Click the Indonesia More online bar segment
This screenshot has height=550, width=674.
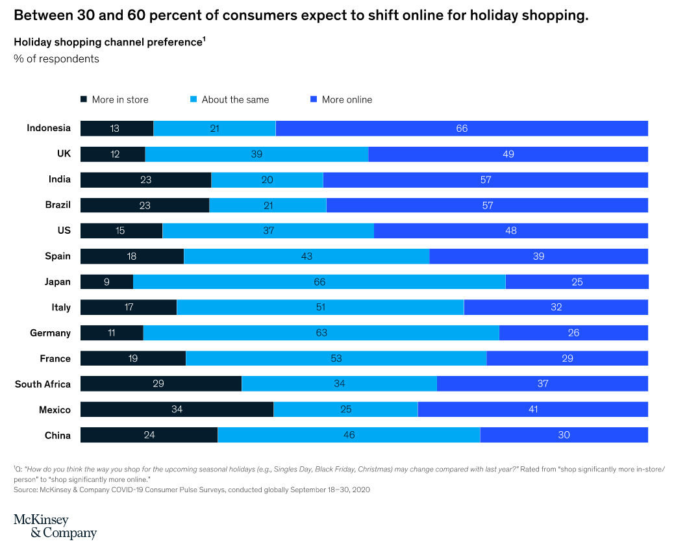click(462, 129)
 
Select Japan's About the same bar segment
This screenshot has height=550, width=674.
click(319, 282)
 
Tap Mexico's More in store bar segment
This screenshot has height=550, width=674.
click(177, 409)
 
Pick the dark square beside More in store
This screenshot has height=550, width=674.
click(84, 99)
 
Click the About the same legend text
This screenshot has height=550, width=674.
click(235, 100)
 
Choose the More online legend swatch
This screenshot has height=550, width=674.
click(314, 99)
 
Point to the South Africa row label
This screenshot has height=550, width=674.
click(43, 384)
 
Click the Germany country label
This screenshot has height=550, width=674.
click(50, 333)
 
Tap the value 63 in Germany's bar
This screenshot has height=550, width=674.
click(321, 333)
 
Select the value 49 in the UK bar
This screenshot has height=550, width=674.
click(508, 154)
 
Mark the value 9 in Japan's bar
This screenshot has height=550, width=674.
click(106, 282)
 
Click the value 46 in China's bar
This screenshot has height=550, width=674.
click(349, 435)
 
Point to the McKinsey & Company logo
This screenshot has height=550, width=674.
click(55, 527)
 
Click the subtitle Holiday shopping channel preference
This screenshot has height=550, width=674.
click(108, 42)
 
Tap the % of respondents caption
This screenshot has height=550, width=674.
click(56, 59)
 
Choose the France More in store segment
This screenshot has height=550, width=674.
click(133, 358)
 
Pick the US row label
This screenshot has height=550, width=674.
click(64, 231)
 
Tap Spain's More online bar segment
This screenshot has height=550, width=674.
click(538, 256)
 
